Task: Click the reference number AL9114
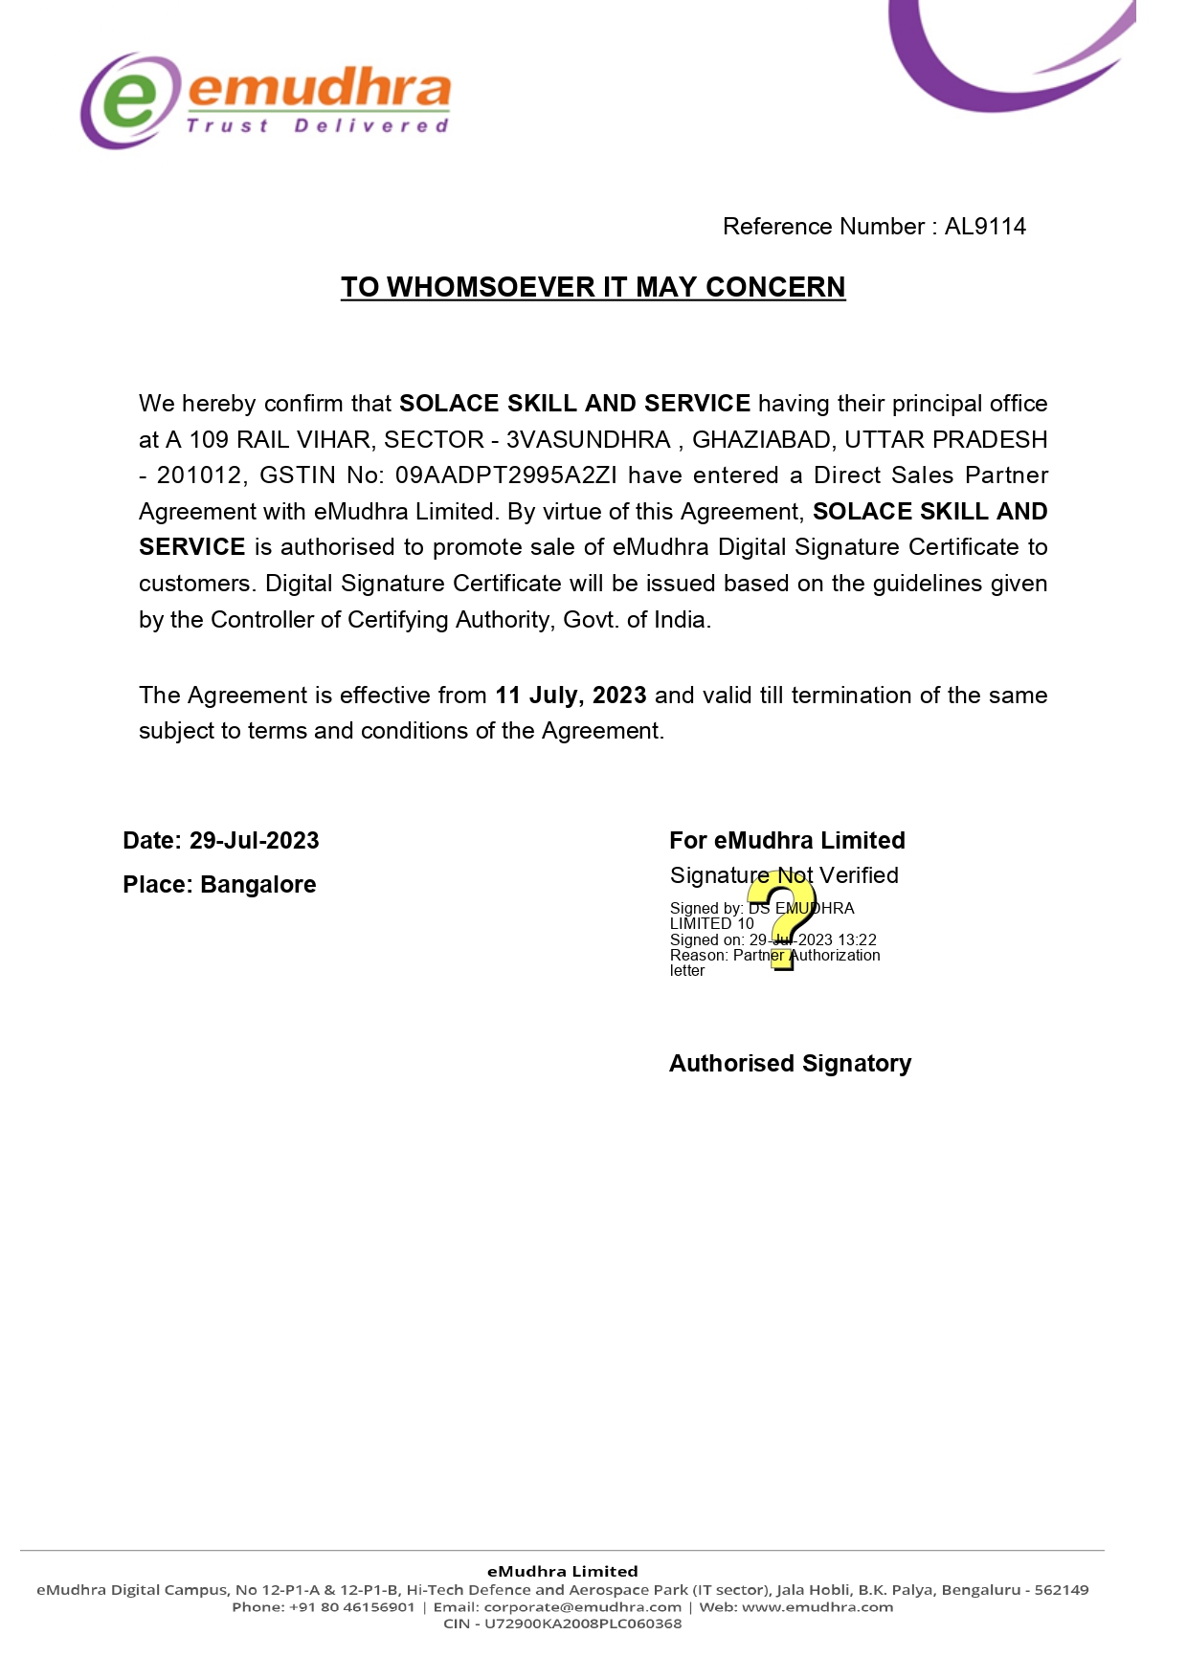click(x=985, y=227)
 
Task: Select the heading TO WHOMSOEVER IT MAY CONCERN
click(x=593, y=287)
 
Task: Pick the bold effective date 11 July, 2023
click(x=571, y=696)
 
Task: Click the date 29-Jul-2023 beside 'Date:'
click(x=254, y=841)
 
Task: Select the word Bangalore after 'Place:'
click(x=258, y=885)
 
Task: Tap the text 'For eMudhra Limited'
click(x=787, y=841)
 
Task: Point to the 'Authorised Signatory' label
click(x=790, y=1064)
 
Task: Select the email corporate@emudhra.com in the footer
click(x=583, y=1607)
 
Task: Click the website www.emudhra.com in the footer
click(x=817, y=1607)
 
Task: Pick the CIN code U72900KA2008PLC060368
click(x=583, y=1624)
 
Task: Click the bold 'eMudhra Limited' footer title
click(x=563, y=1571)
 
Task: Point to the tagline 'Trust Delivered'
click(x=318, y=126)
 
